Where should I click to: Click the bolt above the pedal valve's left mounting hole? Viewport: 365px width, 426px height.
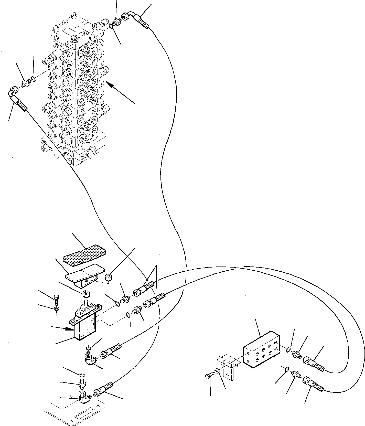point(57,298)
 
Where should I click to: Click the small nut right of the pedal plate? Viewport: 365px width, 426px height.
point(109,278)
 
